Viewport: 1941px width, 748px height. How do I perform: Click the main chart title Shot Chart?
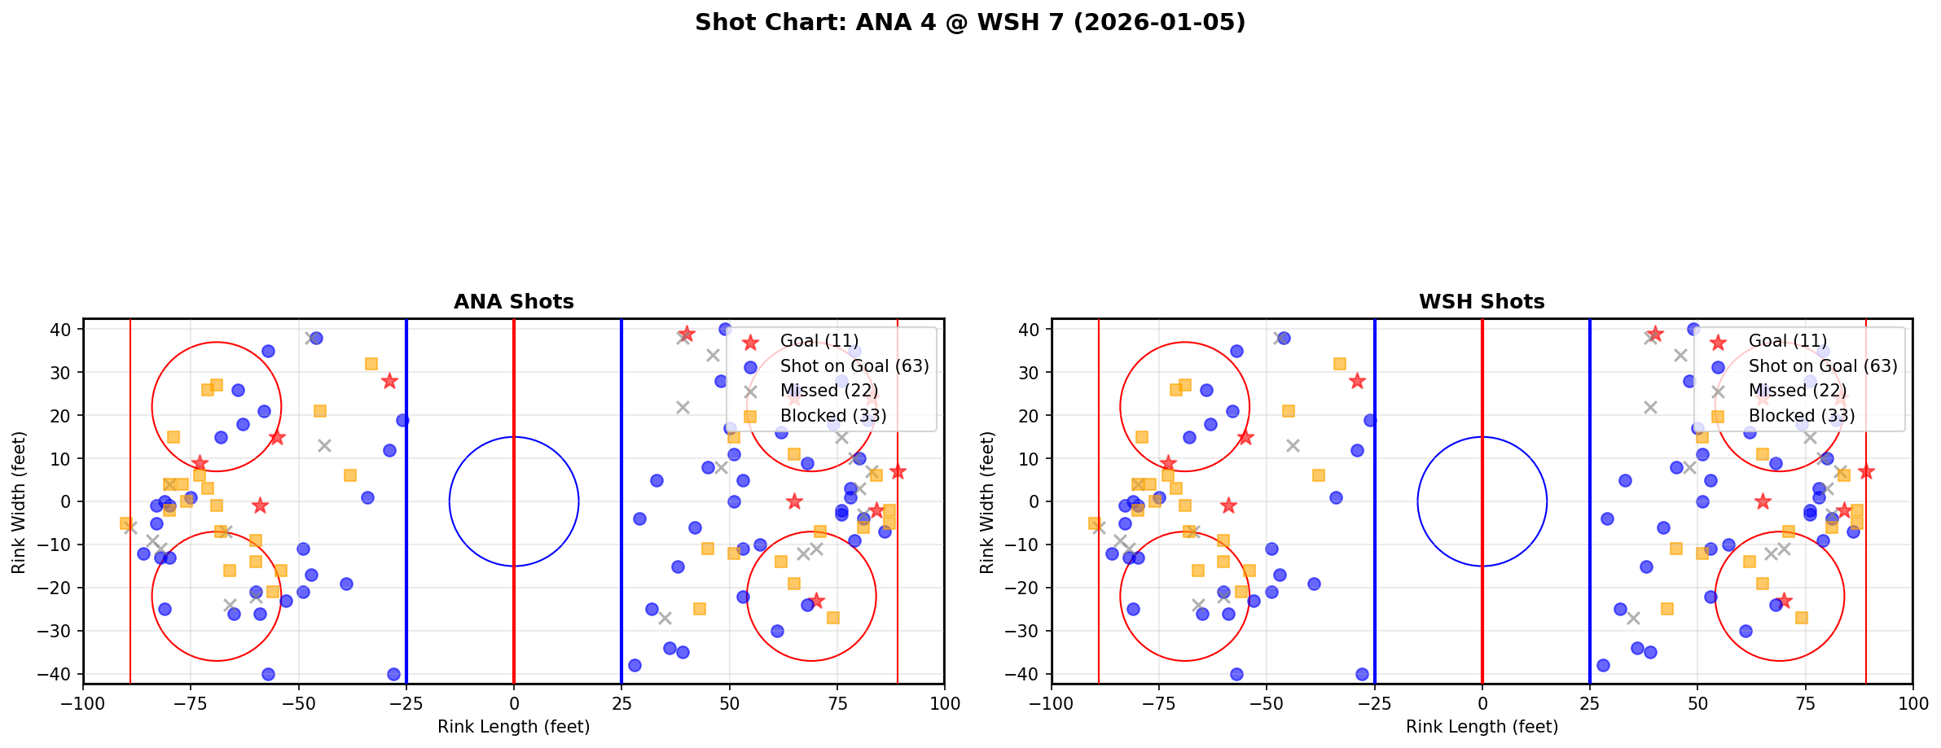(969, 22)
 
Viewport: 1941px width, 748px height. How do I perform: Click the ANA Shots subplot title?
(513, 302)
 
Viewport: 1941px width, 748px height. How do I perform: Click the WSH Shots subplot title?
(1482, 302)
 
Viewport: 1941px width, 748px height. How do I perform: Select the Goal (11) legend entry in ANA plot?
(819, 341)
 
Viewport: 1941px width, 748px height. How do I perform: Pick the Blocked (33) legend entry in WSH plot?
(1801, 416)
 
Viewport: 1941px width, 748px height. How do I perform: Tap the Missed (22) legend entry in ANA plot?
(828, 391)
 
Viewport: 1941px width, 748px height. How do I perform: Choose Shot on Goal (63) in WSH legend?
(1822, 366)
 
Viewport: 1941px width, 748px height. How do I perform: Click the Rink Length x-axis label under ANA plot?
(513, 727)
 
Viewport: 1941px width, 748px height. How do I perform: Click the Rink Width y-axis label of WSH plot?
(987, 502)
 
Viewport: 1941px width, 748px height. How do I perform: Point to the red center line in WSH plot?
(1482, 570)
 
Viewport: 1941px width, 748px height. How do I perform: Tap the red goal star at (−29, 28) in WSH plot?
(1357, 381)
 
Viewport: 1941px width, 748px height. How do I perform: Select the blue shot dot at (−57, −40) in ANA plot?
(268, 674)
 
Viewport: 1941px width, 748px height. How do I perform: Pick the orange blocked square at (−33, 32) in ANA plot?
(371, 364)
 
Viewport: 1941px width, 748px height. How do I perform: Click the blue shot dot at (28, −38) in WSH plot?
(1603, 665)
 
